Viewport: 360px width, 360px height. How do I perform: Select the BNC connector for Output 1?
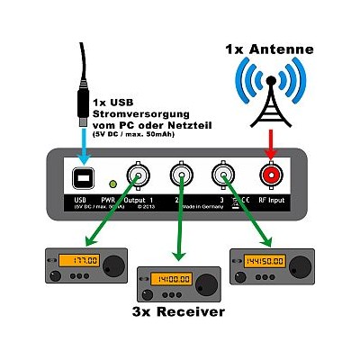click(139, 175)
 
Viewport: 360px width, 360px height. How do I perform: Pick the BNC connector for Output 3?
click(225, 175)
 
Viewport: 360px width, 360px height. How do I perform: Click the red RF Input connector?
click(269, 175)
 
